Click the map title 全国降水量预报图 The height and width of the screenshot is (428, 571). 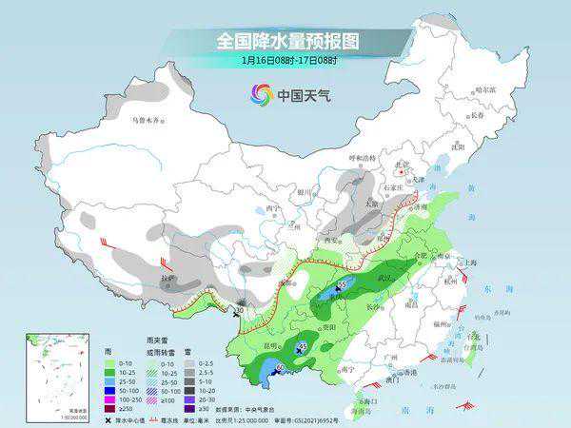[285, 42]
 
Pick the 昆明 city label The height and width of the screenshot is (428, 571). [272, 344]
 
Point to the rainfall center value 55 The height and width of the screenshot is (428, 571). [342, 285]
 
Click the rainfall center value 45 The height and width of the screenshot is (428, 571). [303, 345]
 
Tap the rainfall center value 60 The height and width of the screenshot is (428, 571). [280, 369]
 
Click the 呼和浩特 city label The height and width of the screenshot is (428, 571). [362, 157]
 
